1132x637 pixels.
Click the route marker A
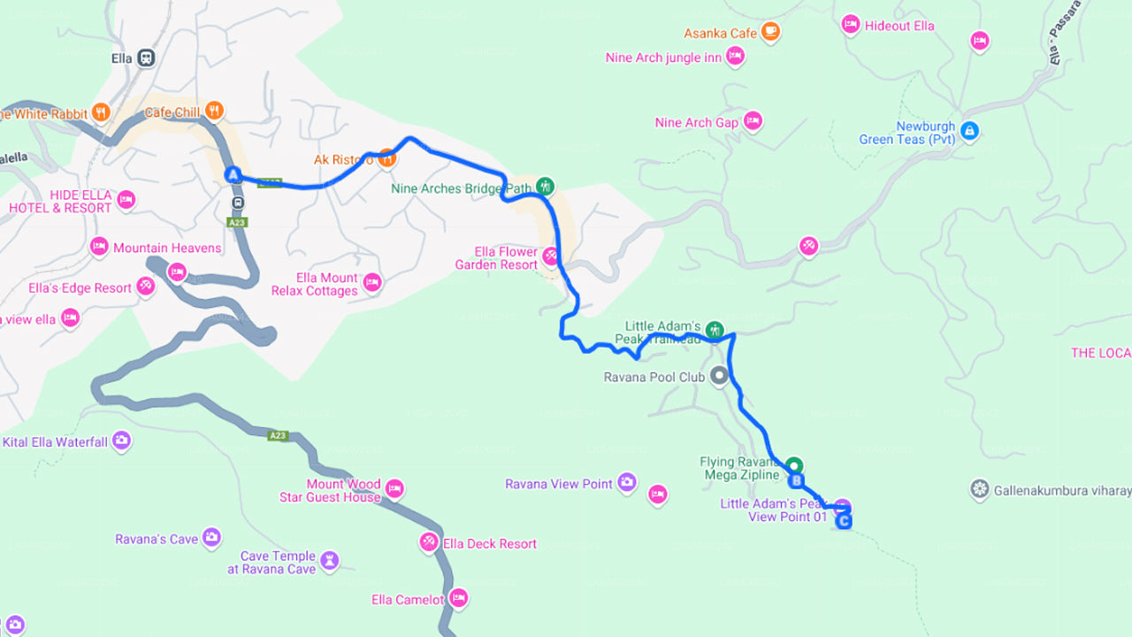coord(233,175)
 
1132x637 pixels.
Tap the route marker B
coord(796,481)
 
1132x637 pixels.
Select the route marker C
coord(845,521)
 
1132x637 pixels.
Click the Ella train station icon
coord(146,58)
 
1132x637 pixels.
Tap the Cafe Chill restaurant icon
coord(213,111)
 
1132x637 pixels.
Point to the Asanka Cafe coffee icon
coord(770,32)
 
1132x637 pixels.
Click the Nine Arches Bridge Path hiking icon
coord(546,186)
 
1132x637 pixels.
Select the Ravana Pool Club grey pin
coord(719,376)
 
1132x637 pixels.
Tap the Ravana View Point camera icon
coord(627,482)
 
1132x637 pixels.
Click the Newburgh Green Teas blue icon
coord(970,131)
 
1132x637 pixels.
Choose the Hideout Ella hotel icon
coord(851,25)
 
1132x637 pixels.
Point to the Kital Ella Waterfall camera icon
coord(121,441)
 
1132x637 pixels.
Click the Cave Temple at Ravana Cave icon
coord(329,561)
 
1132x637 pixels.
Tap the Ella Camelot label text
coord(408,600)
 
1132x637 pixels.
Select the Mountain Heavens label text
coord(167,248)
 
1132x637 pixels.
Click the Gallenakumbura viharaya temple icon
coord(979,489)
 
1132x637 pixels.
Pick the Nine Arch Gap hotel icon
coord(753,121)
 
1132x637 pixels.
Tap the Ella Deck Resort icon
coord(429,541)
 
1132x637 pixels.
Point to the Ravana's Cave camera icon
coord(211,537)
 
